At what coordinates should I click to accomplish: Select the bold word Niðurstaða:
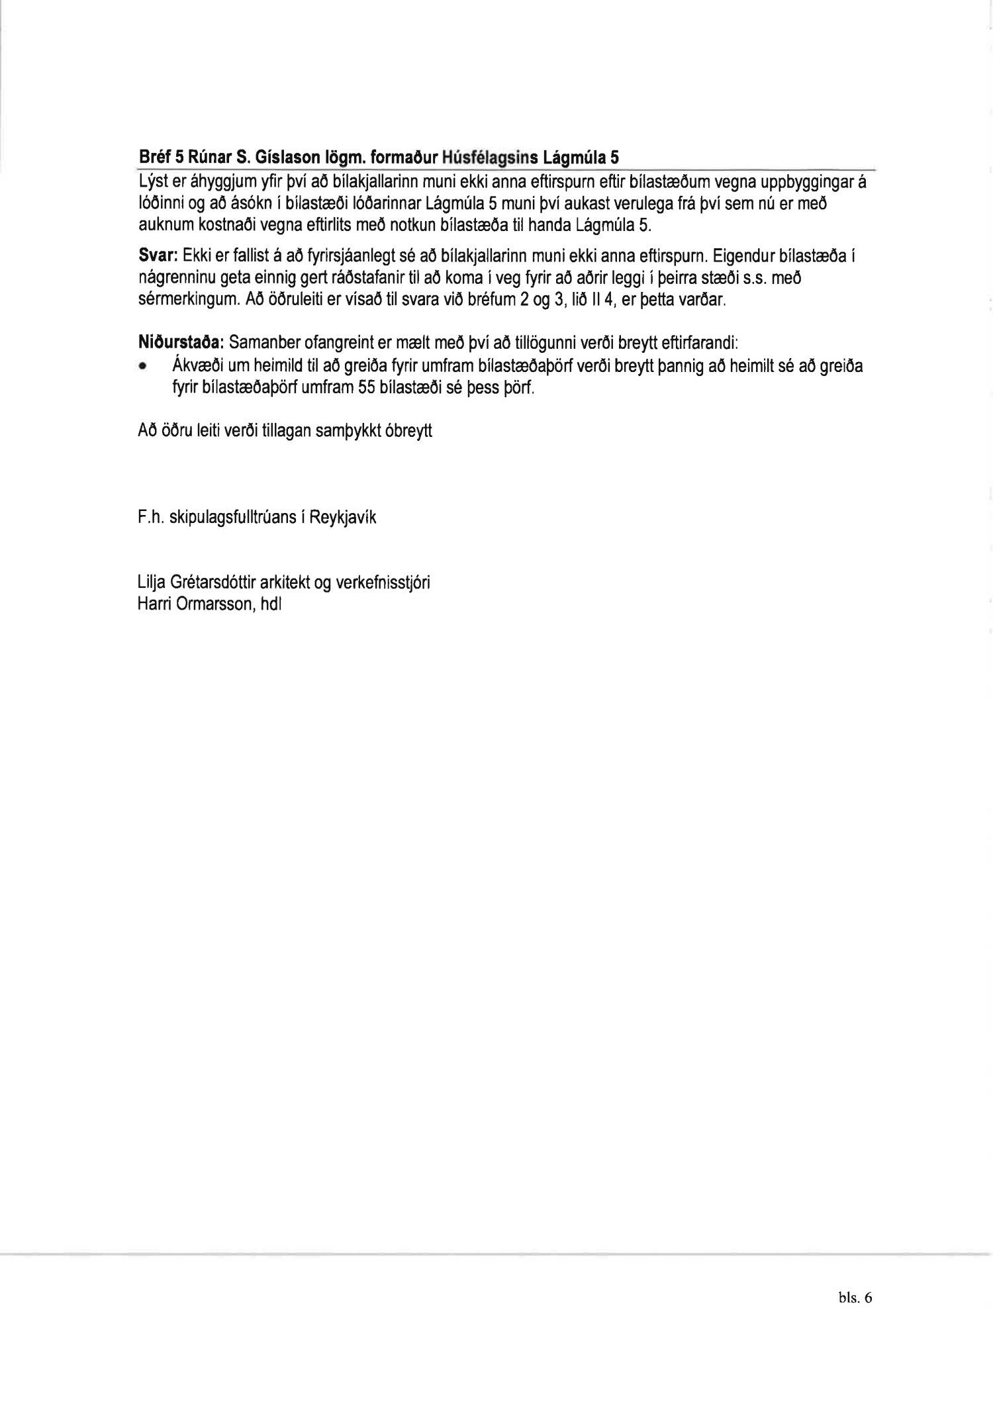(180, 344)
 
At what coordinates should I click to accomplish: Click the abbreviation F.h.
(151, 518)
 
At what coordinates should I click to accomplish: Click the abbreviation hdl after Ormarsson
(273, 604)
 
